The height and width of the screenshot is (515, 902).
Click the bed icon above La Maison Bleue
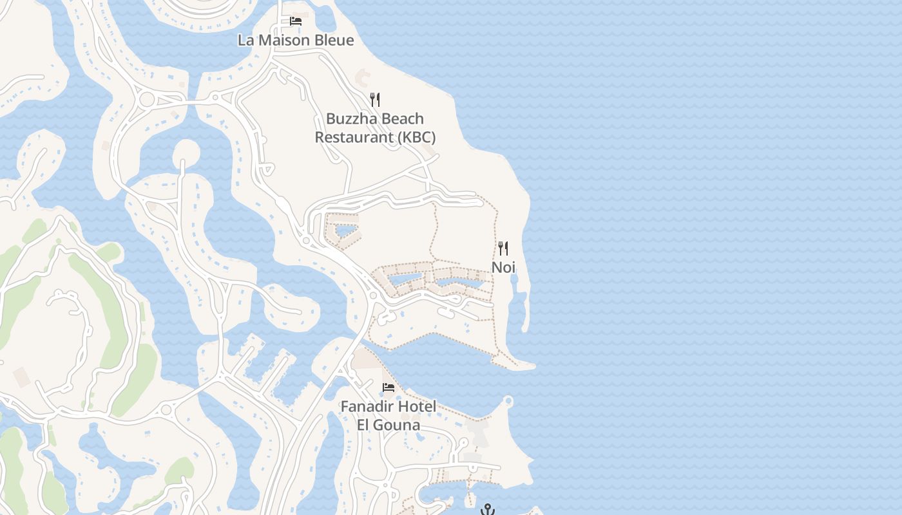pos(296,21)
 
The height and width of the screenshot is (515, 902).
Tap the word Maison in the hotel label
pos(285,40)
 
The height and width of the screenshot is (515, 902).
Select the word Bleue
pos(333,40)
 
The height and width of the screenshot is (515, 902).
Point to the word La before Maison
pos(245,40)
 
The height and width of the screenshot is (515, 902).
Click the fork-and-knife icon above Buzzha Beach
pos(375,100)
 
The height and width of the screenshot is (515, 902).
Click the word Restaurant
pos(353,137)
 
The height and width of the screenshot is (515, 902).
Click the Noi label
pos(504,267)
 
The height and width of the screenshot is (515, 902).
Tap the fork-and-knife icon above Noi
pos(503,248)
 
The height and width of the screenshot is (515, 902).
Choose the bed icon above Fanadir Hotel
pos(389,388)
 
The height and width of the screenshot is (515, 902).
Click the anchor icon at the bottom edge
pos(488,510)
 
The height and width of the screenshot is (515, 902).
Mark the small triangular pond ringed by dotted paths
pos(345,230)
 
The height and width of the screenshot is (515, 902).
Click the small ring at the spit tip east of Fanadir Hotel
pos(508,401)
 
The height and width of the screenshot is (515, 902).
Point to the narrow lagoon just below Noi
pos(519,306)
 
